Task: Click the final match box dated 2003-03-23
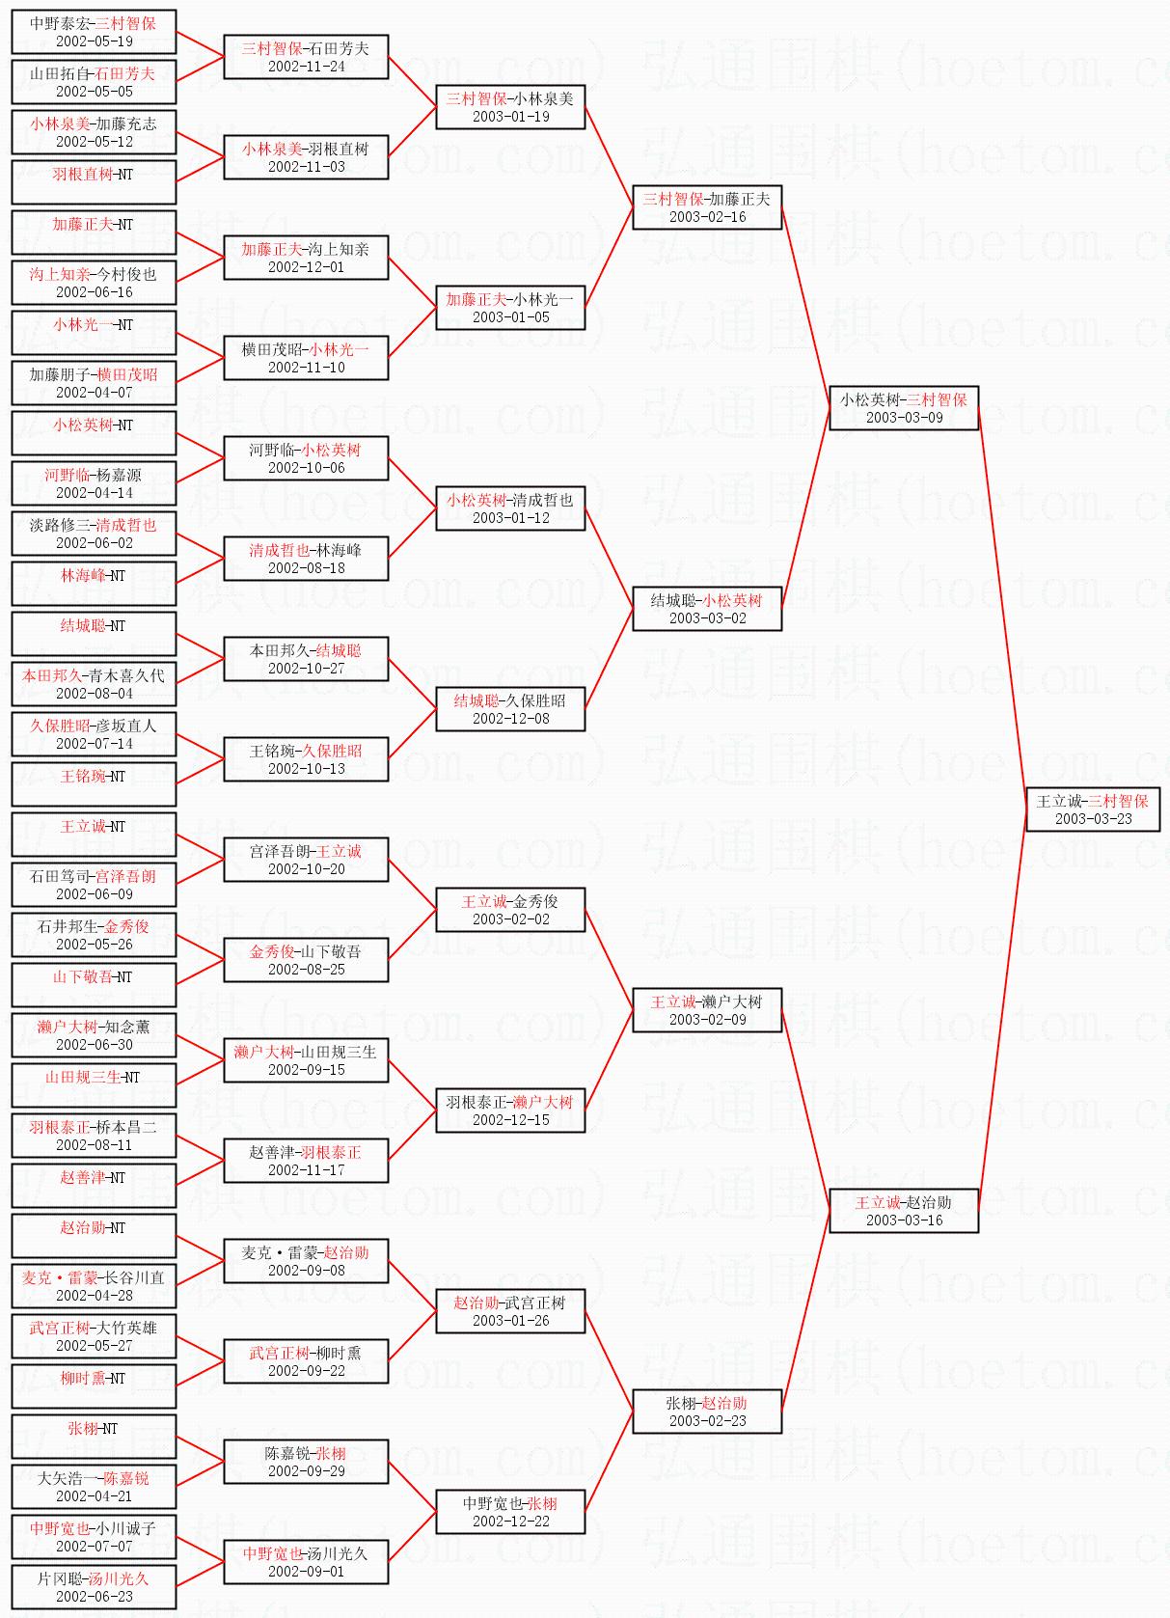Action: (1092, 809)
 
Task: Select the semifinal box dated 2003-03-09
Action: (904, 407)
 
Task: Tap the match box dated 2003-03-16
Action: (904, 1210)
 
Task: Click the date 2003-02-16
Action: (707, 217)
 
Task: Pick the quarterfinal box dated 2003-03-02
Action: (707, 608)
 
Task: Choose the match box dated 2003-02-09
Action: (707, 1009)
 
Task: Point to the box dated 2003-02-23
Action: (707, 1411)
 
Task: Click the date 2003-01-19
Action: (510, 117)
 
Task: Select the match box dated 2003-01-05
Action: (510, 307)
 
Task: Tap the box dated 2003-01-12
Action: (510, 507)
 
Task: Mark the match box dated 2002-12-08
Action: (510, 708)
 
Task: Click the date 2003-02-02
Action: (510, 919)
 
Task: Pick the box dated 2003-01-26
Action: (510, 1310)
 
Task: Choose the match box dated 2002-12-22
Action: (510, 1511)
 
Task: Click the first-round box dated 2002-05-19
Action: (94, 31)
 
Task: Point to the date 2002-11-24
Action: (306, 67)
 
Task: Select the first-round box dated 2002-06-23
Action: (94, 1586)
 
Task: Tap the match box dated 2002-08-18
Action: (306, 558)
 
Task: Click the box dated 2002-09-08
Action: (306, 1260)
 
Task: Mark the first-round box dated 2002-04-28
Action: (94, 1285)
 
